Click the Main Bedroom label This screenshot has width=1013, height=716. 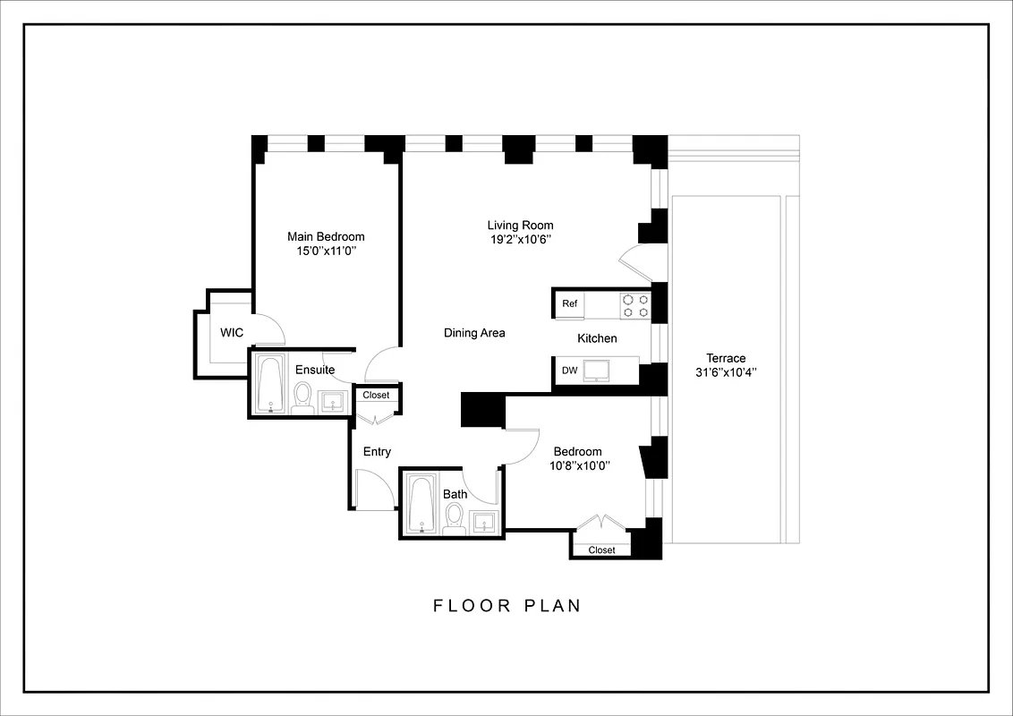click(326, 236)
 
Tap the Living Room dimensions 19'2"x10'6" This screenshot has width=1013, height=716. click(520, 240)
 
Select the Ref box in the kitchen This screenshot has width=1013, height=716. click(570, 303)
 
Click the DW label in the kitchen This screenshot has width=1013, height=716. click(569, 371)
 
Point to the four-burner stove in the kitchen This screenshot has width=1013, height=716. click(635, 306)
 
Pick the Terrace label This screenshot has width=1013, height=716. click(725, 358)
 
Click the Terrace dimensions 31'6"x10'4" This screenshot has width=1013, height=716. click(725, 372)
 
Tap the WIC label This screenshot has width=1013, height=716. click(232, 333)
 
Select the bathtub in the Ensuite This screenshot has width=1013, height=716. click(269, 385)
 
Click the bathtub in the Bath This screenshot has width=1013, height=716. click(421, 505)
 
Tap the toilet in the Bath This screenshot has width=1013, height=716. click(454, 517)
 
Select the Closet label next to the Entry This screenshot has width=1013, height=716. click(376, 395)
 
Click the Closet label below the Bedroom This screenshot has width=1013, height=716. click(601, 550)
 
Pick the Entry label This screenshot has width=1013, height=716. click(377, 452)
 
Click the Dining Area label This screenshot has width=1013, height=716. click(474, 333)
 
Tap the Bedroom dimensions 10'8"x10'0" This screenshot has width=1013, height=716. click(577, 465)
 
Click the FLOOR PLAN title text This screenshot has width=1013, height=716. click(507, 606)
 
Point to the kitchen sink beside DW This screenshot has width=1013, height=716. click(596, 370)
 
